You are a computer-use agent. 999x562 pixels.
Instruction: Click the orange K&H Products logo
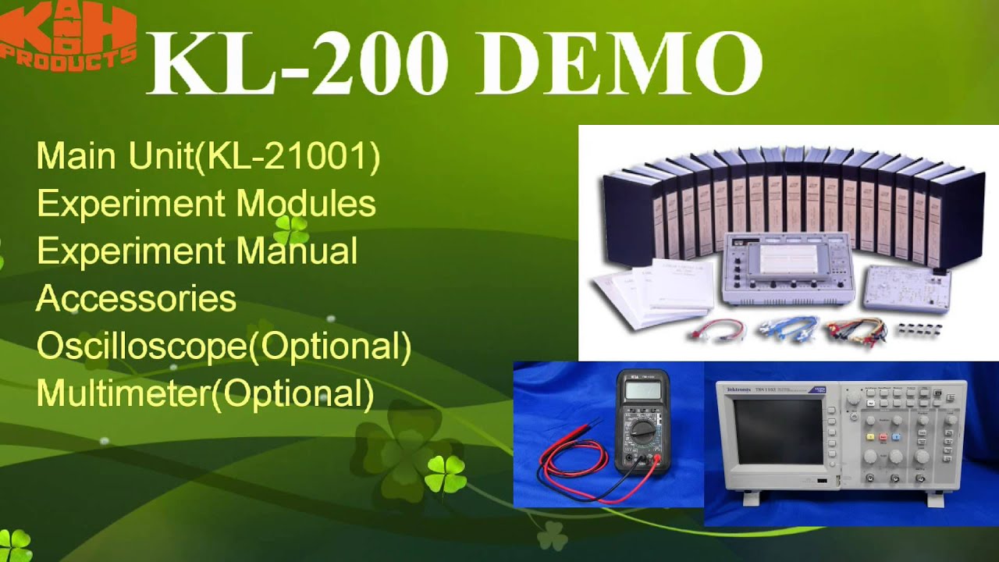pos(69,35)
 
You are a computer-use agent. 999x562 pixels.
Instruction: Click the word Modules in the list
pos(306,204)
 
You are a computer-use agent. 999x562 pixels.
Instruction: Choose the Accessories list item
pos(137,299)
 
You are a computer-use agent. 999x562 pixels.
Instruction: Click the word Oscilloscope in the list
pos(140,347)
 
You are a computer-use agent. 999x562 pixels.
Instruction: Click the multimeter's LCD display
pos(642,388)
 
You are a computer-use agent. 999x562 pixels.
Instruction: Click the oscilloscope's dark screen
pos(778,431)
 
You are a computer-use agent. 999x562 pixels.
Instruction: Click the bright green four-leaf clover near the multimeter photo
pos(446,475)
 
